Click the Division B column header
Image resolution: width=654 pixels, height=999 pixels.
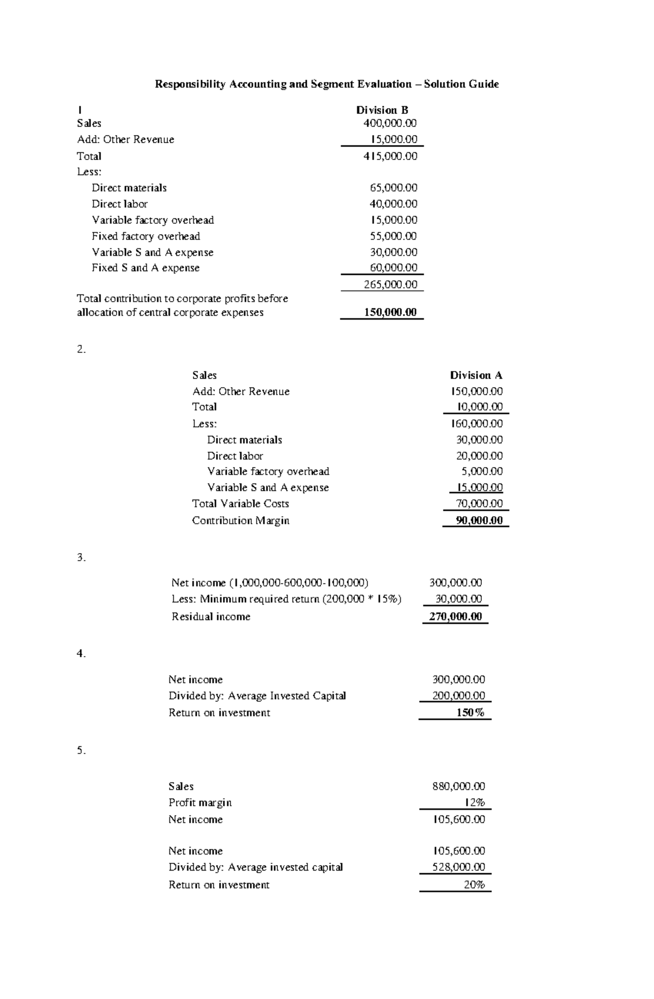(x=382, y=110)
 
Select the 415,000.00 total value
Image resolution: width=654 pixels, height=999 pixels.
(x=390, y=156)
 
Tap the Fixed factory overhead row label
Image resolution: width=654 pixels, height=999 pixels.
(x=146, y=236)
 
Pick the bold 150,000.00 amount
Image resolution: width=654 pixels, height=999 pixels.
(x=390, y=312)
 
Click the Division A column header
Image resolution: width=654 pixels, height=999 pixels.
(x=476, y=375)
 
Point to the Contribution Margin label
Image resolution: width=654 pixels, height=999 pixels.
(x=240, y=520)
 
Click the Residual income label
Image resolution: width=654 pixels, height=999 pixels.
(x=211, y=617)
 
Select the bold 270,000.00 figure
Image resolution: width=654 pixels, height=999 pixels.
(x=455, y=617)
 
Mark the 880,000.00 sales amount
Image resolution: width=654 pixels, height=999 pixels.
(x=458, y=786)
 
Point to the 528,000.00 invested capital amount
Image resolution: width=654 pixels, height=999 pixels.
(x=458, y=867)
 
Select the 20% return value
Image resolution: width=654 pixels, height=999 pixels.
(x=474, y=885)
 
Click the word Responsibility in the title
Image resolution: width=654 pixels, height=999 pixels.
(x=190, y=84)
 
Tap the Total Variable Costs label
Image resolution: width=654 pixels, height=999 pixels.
(x=240, y=504)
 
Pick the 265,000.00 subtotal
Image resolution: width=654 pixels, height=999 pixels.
(x=390, y=284)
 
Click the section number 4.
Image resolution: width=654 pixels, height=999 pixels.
(x=81, y=654)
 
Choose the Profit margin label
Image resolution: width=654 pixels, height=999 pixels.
(x=200, y=802)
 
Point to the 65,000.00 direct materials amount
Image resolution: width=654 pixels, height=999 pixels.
(x=393, y=188)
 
